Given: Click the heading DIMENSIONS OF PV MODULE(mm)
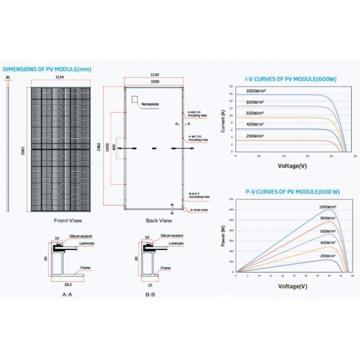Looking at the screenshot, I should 47,69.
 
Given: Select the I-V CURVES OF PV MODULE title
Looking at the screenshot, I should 291,79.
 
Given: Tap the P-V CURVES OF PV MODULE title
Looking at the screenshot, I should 293,192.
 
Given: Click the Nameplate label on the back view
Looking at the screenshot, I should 150,104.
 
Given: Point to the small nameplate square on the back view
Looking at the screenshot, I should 135,99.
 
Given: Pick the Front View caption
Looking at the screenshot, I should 68,220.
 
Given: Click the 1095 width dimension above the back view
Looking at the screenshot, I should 154,82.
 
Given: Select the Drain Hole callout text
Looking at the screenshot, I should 199,210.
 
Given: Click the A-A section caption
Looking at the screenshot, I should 67,294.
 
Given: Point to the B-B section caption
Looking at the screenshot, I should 150,294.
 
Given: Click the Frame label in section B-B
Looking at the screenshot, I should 166,268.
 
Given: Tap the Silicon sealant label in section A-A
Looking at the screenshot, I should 81,236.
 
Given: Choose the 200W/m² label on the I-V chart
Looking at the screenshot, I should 255,136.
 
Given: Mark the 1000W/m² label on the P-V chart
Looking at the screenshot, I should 328,207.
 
